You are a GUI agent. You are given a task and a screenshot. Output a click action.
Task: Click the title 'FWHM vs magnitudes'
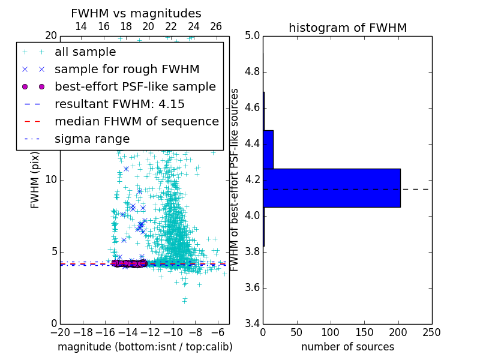(x=136, y=13)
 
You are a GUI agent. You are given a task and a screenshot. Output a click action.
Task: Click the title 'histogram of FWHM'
(x=347, y=28)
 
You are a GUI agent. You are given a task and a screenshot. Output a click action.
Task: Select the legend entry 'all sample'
(x=85, y=52)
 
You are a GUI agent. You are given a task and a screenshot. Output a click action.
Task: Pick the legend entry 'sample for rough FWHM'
(x=127, y=70)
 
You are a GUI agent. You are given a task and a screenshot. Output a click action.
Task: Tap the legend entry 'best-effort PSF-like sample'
(x=135, y=87)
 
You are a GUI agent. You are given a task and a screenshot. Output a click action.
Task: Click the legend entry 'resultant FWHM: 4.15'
(x=119, y=104)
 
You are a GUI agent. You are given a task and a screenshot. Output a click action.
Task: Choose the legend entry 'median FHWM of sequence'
(x=136, y=122)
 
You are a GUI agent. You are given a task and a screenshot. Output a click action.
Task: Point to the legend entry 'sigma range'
(x=92, y=139)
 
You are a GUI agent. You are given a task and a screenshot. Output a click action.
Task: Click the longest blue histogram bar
(x=331, y=188)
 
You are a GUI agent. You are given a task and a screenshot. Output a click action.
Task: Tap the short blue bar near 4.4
(x=268, y=149)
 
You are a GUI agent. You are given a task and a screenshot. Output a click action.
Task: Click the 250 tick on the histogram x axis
(x=431, y=332)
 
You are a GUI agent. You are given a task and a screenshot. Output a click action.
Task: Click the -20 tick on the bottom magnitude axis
(x=60, y=332)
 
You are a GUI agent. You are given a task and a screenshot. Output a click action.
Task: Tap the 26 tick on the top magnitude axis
(x=216, y=26)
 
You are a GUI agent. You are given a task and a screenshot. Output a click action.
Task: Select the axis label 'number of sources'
(x=347, y=347)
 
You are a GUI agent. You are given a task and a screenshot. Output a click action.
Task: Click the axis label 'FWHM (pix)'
(x=35, y=180)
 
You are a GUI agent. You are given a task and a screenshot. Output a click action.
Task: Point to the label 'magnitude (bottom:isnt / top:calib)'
(x=145, y=347)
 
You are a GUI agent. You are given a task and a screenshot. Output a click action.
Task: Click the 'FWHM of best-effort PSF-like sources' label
(x=235, y=179)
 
